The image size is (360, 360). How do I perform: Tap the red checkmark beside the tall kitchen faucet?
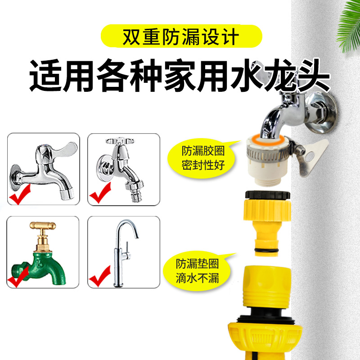coord(99,277)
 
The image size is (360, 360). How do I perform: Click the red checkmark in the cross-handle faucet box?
coord(100,194)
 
